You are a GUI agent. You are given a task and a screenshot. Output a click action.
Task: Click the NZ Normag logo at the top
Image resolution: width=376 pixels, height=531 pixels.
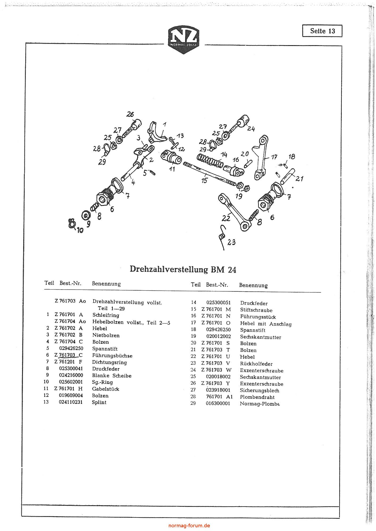(x=184, y=40)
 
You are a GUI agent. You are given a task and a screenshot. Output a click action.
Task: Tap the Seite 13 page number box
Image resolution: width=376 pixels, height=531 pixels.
(x=322, y=31)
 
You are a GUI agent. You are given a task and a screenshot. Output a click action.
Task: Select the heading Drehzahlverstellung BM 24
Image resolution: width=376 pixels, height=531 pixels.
(x=183, y=269)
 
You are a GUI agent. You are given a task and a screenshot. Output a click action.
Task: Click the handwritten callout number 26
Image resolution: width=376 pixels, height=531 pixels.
(x=130, y=114)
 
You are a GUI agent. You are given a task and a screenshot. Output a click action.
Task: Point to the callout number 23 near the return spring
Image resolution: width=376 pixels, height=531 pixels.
(x=231, y=242)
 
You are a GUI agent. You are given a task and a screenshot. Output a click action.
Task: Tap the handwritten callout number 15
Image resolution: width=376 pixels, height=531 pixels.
(x=204, y=181)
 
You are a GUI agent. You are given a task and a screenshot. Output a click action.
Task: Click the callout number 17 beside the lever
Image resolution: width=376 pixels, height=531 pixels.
(x=274, y=157)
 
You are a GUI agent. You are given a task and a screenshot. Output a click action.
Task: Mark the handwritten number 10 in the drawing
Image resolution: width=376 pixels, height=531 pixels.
(x=80, y=230)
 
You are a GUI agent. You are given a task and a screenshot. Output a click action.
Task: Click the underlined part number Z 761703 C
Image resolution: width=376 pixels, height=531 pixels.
(x=69, y=355)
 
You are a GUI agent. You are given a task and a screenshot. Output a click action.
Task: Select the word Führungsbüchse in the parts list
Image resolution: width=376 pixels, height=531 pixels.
(x=112, y=355)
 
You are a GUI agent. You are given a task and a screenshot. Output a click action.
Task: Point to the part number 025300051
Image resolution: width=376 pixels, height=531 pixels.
(x=219, y=303)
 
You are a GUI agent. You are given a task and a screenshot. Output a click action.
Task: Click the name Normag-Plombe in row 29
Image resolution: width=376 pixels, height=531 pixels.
(x=260, y=404)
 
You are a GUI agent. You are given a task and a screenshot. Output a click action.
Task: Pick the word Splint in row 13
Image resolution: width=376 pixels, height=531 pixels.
(x=99, y=402)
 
